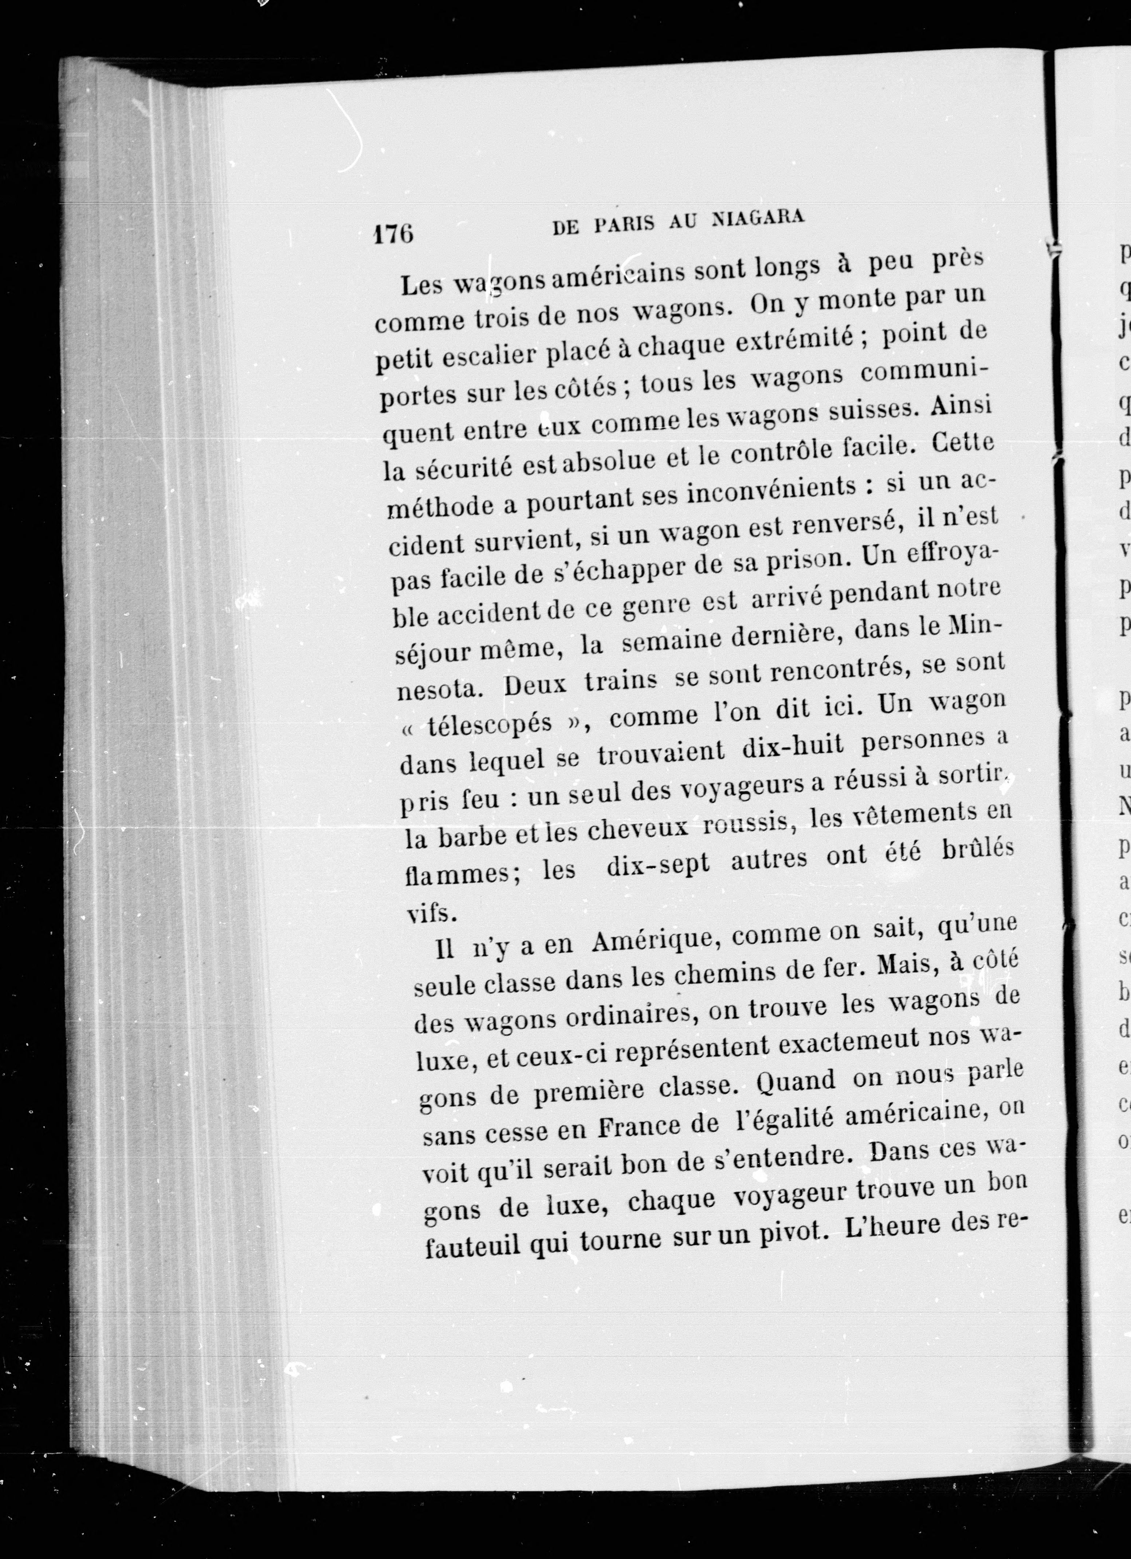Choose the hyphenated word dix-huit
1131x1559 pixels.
[x=793, y=749]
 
